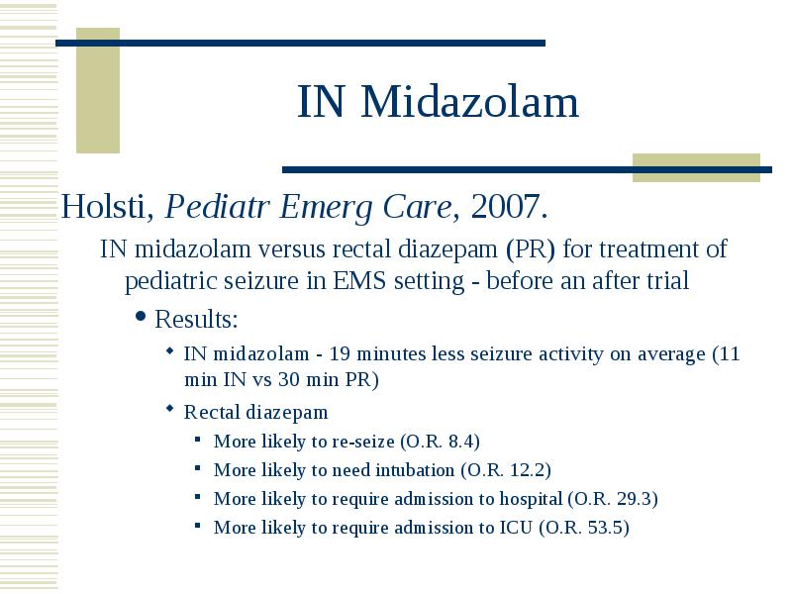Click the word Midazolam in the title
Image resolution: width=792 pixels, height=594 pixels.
coord(469,102)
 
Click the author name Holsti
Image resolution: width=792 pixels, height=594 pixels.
coord(107,206)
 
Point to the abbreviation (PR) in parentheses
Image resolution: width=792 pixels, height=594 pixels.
coord(531,249)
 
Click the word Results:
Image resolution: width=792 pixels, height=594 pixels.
coord(196,319)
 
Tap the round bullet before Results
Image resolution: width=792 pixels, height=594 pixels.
coord(141,317)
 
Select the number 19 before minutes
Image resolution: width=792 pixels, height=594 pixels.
coord(340,353)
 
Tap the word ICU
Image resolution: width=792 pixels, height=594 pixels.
coord(516,528)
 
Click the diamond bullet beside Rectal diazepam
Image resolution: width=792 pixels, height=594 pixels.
coord(169,408)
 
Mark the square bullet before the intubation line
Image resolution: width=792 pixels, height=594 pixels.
coord(197,468)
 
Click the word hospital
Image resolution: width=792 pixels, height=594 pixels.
coord(531,500)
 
